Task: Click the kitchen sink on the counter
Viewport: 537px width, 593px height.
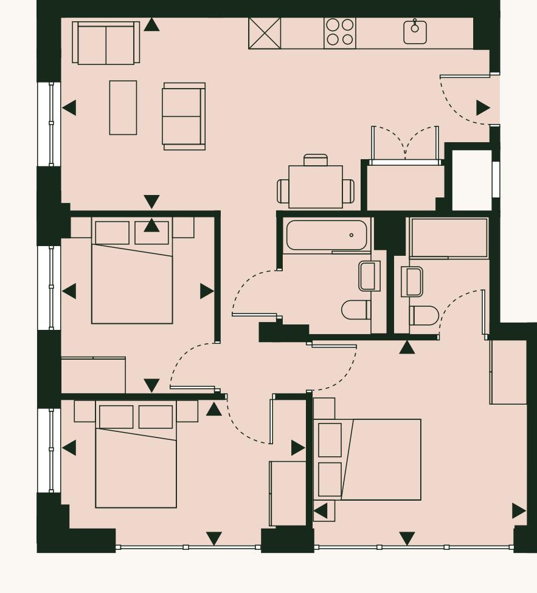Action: [x=415, y=32]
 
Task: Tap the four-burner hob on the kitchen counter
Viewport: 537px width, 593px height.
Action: [x=340, y=33]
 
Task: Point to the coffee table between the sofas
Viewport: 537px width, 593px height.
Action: [x=123, y=108]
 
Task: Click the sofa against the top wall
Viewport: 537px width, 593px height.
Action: [x=106, y=44]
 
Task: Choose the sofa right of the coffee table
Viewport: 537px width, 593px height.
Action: [x=184, y=116]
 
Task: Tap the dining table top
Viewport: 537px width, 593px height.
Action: [x=315, y=187]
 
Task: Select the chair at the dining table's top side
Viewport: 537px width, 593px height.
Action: [x=315, y=160]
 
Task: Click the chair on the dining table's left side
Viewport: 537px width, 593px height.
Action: [x=283, y=191]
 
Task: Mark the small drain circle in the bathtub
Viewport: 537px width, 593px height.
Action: [x=352, y=235]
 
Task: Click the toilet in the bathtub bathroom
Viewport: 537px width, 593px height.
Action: [x=356, y=309]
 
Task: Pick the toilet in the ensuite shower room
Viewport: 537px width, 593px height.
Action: [x=424, y=315]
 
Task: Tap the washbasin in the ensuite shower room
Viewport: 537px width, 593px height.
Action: [x=412, y=282]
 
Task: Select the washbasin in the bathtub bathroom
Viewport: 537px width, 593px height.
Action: [x=369, y=276]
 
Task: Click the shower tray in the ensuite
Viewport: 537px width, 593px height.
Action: [x=449, y=238]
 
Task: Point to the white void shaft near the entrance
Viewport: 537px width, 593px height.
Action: [x=471, y=180]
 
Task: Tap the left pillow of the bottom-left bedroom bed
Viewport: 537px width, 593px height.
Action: [x=116, y=417]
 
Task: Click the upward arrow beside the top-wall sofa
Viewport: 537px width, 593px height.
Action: [x=151, y=25]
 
